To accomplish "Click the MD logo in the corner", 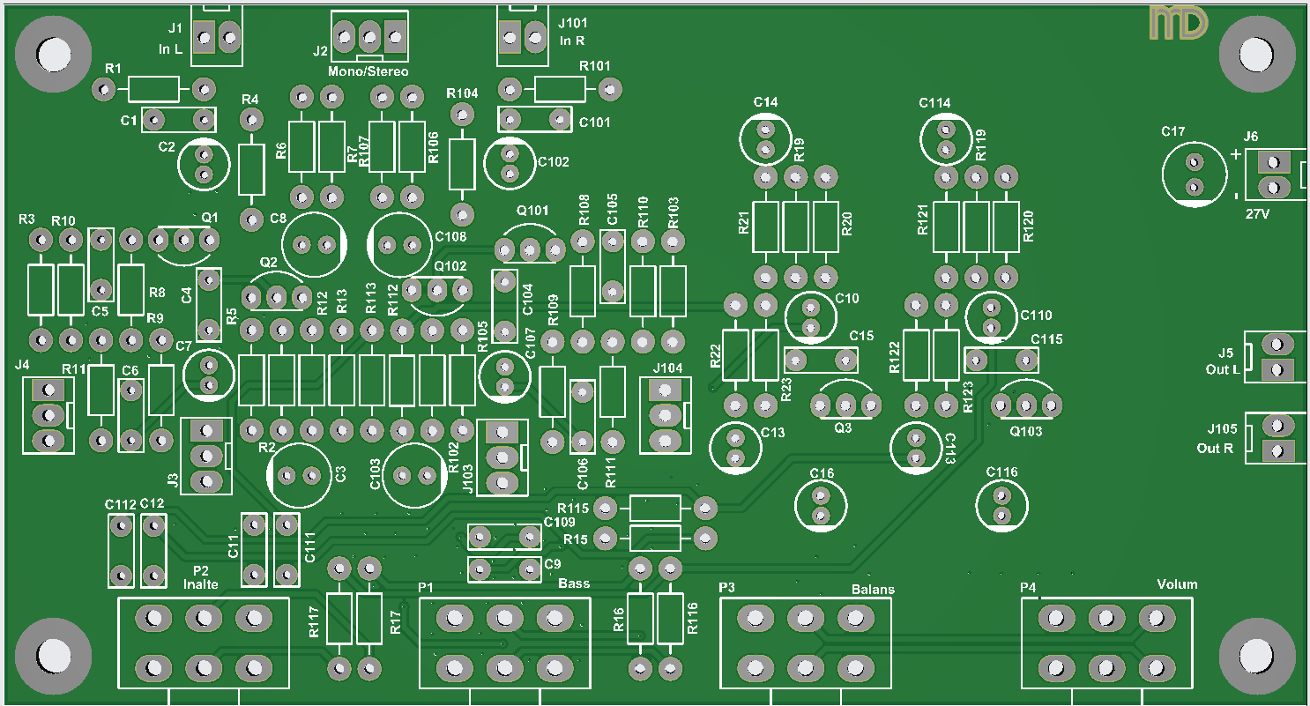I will coord(1178,23).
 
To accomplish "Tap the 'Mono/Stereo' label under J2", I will coord(368,71).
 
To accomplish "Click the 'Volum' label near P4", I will coord(1177,584).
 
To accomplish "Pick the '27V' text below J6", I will coord(1258,213).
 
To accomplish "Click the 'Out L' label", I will coord(1223,369).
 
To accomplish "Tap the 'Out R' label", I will coord(1215,449).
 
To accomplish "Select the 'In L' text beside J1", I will coord(171,49).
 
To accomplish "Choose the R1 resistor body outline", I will coord(153,88).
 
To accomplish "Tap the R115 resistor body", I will coord(654,508).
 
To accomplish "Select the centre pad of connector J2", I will coord(369,36).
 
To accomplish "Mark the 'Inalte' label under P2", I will coord(200,583).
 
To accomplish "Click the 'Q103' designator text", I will coord(1025,432).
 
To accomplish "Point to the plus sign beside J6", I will coord(1235,154).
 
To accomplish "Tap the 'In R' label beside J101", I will coord(572,41).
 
